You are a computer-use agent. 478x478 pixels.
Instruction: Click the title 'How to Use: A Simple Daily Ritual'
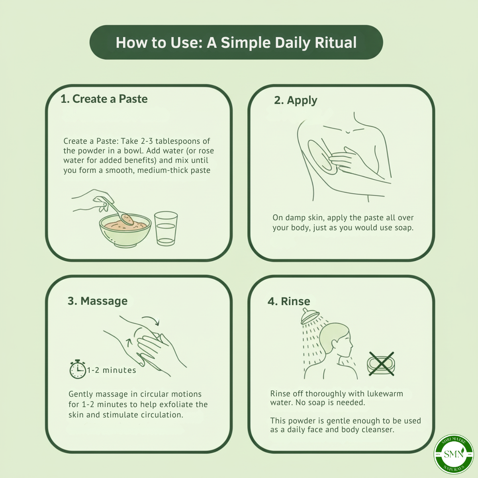point(236,43)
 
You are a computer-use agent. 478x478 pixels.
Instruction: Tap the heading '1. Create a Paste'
point(104,99)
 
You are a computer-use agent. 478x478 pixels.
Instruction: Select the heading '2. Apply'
point(296,100)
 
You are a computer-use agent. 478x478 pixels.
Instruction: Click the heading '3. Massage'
point(98,301)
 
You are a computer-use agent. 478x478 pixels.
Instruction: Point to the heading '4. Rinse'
point(289,301)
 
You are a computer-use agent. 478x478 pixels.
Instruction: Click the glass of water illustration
point(166,228)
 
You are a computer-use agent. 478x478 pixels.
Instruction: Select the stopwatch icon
point(78,369)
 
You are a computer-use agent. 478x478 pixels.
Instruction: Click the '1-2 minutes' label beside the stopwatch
point(112,370)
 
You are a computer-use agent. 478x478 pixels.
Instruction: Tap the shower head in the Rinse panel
point(310,317)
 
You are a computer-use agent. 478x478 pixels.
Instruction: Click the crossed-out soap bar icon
point(381,364)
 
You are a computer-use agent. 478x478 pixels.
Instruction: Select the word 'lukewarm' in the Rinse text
point(385,394)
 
